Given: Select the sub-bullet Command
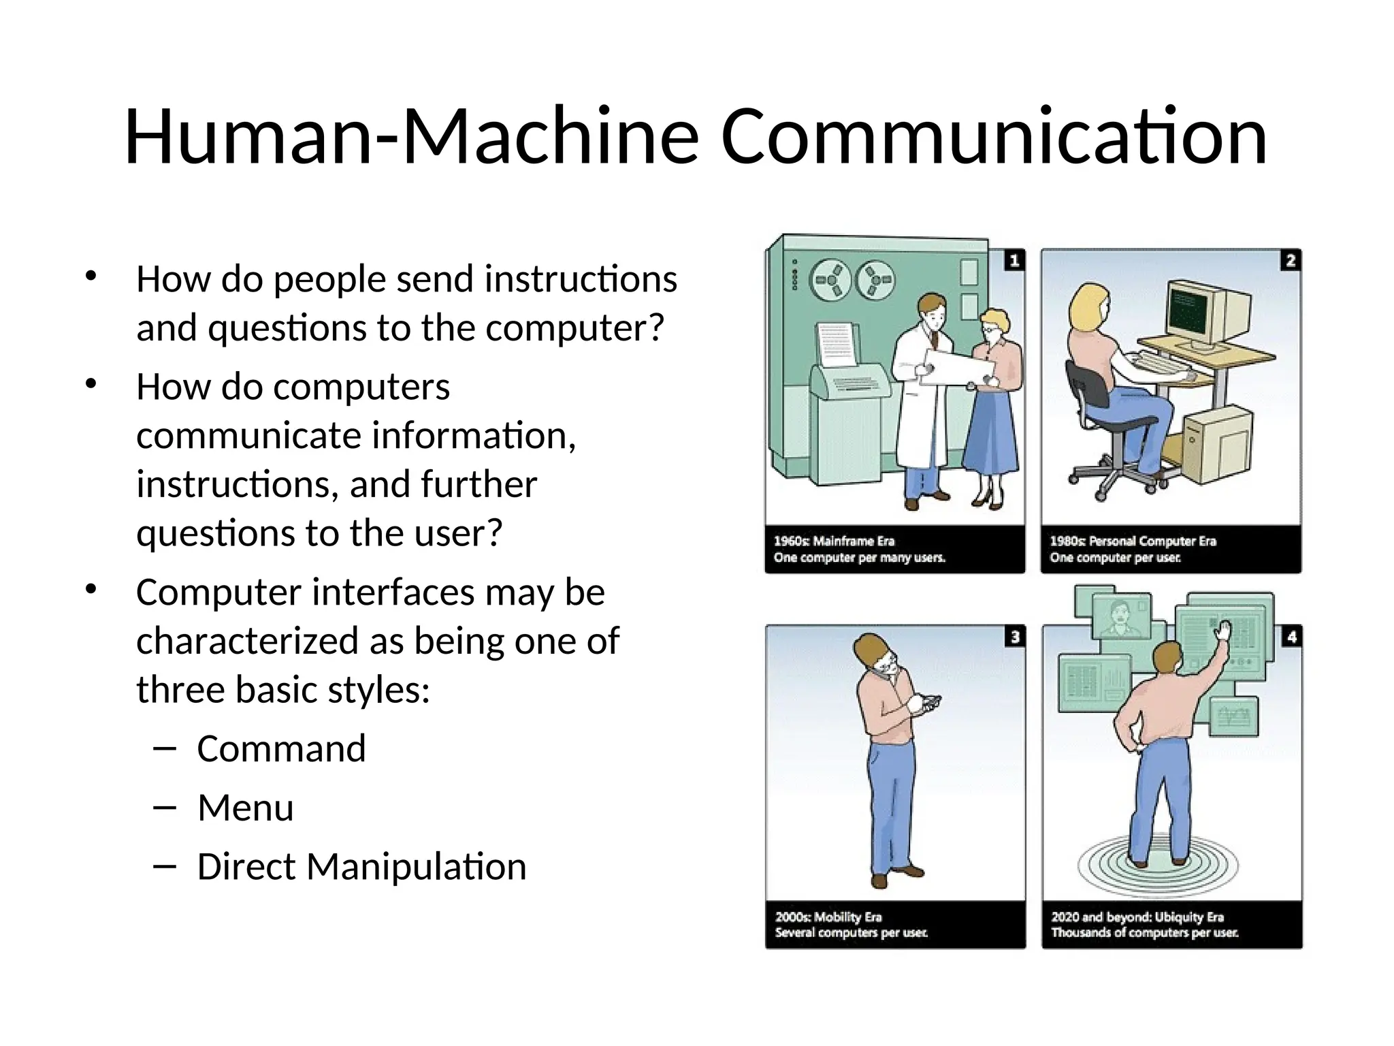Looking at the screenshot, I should click(x=281, y=749).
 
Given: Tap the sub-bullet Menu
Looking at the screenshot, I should click(x=245, y=808).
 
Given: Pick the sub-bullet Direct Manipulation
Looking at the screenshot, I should click(x=361, y=867).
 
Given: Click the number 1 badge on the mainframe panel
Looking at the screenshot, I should click(x=1014, y=260).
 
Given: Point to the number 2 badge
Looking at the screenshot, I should click(x=1291, y=260).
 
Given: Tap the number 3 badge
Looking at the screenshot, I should click(x=1015, y=637).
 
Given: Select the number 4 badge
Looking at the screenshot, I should click(x=1291, y=637).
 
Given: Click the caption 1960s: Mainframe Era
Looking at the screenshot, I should click(x=834, y=541).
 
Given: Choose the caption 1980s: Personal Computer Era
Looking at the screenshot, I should click(x=1133, y=541).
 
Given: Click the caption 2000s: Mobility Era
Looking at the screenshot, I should click(x=828, y=917).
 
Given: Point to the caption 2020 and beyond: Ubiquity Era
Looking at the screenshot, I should click(x=1137, y=917).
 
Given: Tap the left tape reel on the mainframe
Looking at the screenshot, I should click(x=830, y=280).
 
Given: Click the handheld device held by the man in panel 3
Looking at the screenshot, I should click(x=926, y=701).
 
